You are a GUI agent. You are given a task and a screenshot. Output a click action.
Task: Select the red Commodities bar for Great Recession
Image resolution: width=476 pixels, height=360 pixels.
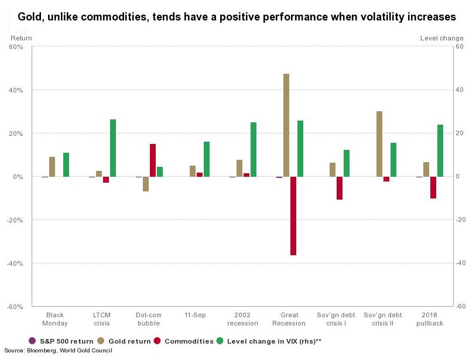pyautogui.click(x=293, y=216)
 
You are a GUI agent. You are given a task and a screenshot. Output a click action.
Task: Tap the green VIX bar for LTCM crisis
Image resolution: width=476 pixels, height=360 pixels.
pyautogui.click(x=113, y=148)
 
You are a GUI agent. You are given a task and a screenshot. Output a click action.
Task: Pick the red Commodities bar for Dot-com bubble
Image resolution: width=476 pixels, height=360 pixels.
pyautogui.click(x=153, y=160)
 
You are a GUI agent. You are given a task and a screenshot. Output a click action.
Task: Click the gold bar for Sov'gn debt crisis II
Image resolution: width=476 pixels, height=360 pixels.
pyautogui.click(x=379, y=144)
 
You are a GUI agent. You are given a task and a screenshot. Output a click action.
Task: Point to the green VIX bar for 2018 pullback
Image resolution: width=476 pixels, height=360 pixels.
pyautogui.click(x=440, y=150)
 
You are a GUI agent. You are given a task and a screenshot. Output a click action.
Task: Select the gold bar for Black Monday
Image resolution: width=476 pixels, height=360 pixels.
pyautogui.click(x=52, y=167)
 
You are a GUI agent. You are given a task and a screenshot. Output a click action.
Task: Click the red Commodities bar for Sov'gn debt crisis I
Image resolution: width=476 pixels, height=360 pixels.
pyautogui.click(x=340, y=188)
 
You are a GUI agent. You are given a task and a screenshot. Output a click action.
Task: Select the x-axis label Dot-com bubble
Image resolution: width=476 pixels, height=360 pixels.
pyautogui.click(x=148, y=319)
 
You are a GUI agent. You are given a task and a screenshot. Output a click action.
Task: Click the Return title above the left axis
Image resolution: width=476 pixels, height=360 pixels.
pyautogui.click(x=22, y=38)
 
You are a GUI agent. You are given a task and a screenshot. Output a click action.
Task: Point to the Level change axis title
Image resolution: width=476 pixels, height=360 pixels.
pyautogui.click(x=441, y=38)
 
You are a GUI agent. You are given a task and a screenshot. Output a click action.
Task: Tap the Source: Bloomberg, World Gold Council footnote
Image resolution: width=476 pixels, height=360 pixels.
pyautogui.click(x=58, y=351)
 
